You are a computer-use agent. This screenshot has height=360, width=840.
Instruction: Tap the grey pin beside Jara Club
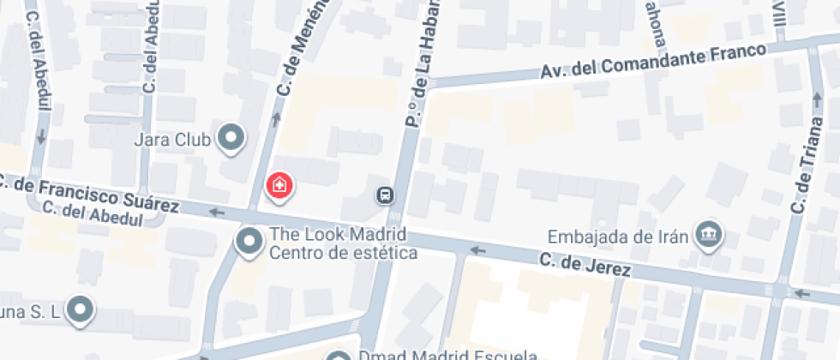pyautogui.click(x=231, y=137)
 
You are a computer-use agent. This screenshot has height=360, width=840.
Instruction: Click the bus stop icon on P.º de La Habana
pyautogui.click(x=386, y=195)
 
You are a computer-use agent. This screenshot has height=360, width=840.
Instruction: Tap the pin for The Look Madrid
pyautogui.click(x=249, y=242)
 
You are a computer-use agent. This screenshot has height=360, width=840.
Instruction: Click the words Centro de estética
pyautogui.click(x=343, y=253)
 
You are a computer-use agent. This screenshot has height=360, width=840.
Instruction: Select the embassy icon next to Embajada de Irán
pyautogui.click(x=708, y=233)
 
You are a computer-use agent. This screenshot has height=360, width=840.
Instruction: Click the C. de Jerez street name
pyautogui.click(x=585, y=266)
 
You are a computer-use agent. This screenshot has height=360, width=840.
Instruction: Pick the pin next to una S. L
pyautogui.click(x=81, y=309)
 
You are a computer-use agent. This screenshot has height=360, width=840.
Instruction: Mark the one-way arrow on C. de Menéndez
pyautogui.click(x=276, y=120)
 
